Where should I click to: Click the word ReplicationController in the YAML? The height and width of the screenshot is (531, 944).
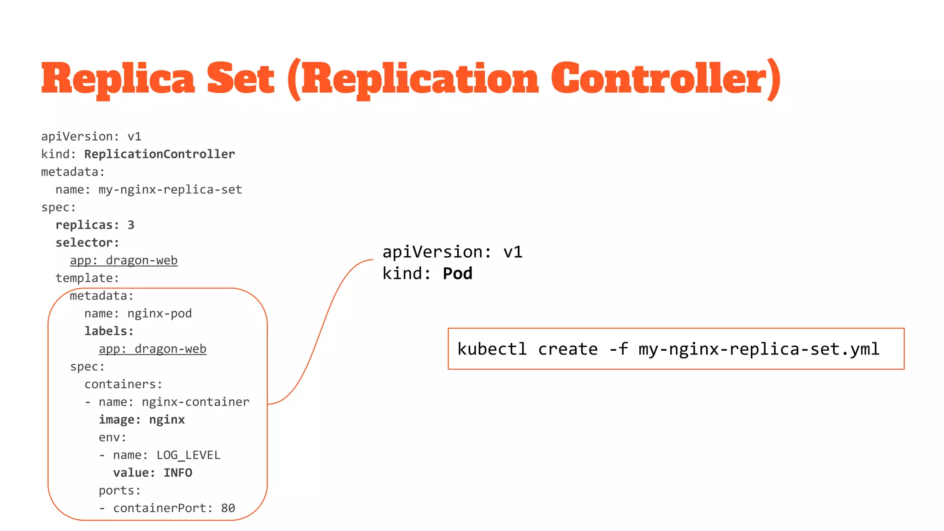tap(159, 154)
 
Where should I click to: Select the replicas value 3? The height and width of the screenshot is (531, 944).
tap(131, 225)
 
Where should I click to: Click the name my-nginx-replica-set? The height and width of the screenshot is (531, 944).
tap(170, 189)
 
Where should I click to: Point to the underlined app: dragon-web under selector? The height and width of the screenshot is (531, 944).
tap(124, 260)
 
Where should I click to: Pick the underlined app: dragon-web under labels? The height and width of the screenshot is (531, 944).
tap(153, 349)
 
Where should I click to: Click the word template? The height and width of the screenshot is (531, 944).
tap(87, 278)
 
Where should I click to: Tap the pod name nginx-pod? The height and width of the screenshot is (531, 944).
tap(159, 313)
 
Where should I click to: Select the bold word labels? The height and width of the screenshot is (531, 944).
tap(109, 331)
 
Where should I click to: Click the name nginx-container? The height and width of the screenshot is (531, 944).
tap(195, 402)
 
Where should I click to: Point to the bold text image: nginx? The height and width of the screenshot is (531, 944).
tap(142, 419)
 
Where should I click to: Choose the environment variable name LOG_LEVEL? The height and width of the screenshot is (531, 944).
tap(188, 455)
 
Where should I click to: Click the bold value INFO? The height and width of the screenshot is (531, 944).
tap(178, 473)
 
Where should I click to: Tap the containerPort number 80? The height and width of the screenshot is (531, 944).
tap(228, 508)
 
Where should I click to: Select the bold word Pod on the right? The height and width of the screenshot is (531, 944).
tap(457, 274)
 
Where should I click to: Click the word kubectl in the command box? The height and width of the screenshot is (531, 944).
tap(492, 349)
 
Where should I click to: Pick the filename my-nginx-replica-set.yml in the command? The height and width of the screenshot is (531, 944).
tap(759, 349)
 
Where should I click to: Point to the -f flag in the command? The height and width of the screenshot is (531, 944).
tap(618, 349)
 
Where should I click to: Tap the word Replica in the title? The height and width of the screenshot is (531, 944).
tap(118, 78)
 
